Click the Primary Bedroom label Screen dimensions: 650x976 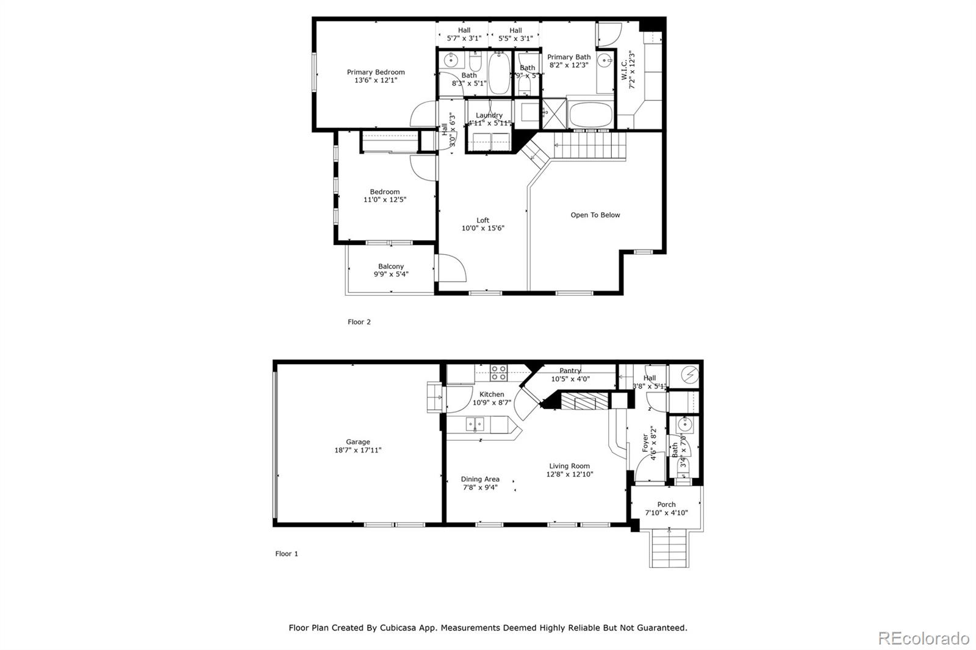tap(376, 72)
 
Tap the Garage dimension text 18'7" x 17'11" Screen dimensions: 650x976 tap(358, 451)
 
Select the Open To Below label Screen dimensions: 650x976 tap(595, 215)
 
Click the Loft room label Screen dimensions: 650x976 tap(483, 220)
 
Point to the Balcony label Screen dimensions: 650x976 tap(391, 266)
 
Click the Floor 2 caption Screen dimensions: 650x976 tap(359, 322)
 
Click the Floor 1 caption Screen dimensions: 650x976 tap(286, 554)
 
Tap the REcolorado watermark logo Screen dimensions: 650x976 tap(924, 638)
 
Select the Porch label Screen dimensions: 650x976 tap(666, 504)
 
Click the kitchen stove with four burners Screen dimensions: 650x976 tap(498, 372)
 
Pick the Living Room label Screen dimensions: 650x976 tap(569, 466)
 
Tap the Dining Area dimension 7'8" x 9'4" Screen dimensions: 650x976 tap(480, 487)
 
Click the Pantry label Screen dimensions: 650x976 tap(570, 370)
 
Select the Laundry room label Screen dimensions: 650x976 tap(489, 115)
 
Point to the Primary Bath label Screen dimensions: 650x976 tap(569, 57)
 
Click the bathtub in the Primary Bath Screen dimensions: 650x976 tap(590, 115)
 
